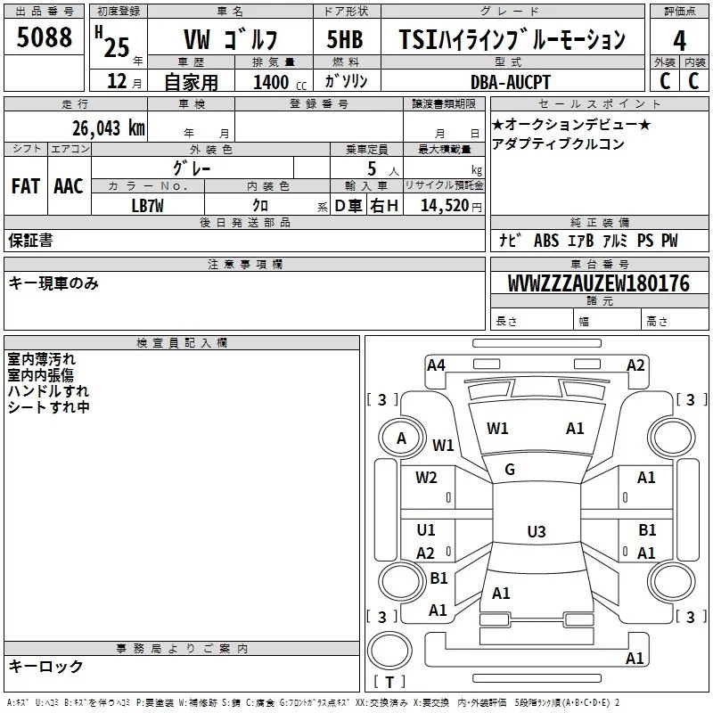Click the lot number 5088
coord(44,37)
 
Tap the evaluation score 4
coord(679,40)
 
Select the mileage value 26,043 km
coord(108,128)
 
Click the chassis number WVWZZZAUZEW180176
coord(598,283)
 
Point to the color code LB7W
coord(147,206)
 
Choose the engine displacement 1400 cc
coord(280,82)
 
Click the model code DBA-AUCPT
coord(510,82)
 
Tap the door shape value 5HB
coord(345,39)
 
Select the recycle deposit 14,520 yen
coord(451,206)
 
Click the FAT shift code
coord(26,186)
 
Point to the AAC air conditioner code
coord(69,186)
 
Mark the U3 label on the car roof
coord(537,531)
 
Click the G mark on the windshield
coord(510,470)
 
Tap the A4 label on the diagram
coord(436,365)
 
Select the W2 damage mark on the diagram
coord(426,478)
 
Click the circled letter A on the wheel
coord(401,438)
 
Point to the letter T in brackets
coord(389,682)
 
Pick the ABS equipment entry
coord(546,240)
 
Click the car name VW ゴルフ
coord(230,39)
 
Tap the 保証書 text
coord(30,240)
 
